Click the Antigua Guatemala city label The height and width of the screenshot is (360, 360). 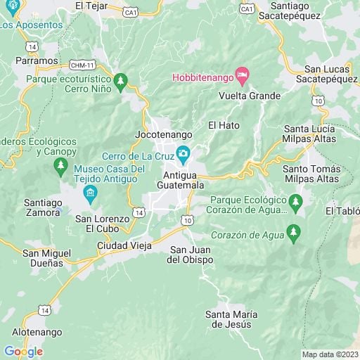[x=184, y=179]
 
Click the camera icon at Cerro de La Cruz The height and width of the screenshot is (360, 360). [x=183, y=153]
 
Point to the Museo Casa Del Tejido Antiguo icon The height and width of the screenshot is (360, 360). [x=89, y=194]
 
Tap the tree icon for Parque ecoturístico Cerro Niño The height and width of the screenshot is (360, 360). [x=122, y=81]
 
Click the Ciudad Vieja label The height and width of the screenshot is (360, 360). [x=124, y=246]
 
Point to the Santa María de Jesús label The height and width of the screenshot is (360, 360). [x=232, y=319]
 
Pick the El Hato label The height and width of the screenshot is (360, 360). [x=224, y=125]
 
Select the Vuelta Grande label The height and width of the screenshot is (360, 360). [x=250, y=96]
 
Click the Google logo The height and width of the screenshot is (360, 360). [x=23, y=351]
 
